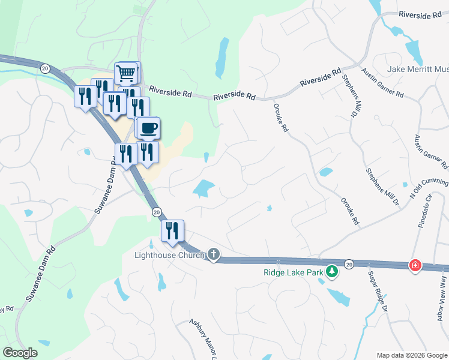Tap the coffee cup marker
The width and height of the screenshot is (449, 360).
pos(148,127)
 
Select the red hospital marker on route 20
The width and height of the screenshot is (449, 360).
pos(415,265)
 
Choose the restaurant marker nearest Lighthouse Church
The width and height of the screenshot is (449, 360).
pos(172,231)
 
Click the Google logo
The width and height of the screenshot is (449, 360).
pos(20,353)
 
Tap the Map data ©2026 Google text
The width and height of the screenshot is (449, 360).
pos(411,355)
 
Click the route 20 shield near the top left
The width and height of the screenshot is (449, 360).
pos(44,68)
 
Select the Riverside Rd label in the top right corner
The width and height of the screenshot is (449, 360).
pos(420,14)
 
